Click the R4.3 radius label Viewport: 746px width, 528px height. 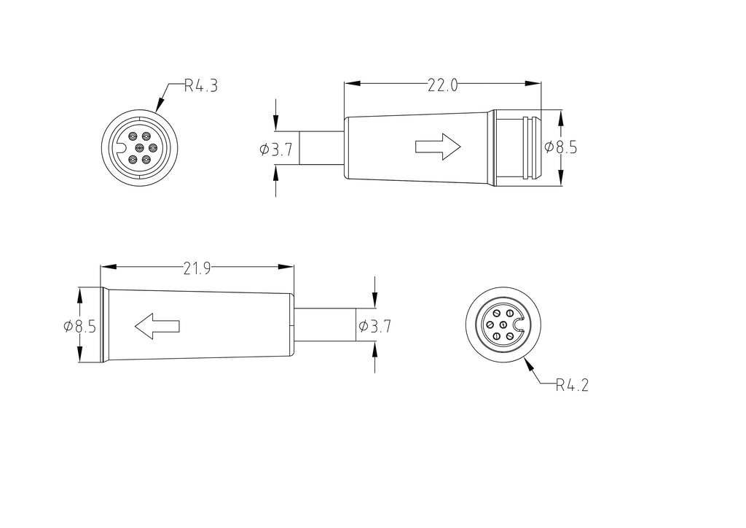[x=200, y=86]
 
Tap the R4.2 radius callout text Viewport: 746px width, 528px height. [x=571, y=385]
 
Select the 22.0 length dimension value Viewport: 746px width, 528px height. [x=442, y=85]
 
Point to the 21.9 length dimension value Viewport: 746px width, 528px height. [x=197, y=268]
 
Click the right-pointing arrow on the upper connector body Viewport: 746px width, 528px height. [x=438, y=147]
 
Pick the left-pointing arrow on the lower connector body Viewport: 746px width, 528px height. [x=157, y=326]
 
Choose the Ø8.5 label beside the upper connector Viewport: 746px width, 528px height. [x=561, y=147]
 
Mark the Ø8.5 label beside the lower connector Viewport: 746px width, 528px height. [x=79, y=327]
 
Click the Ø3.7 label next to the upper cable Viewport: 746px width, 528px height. [x=276, y=150]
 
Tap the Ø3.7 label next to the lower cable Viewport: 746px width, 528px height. [x=374, y=327]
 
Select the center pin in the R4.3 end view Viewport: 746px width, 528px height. [x=138, y=147]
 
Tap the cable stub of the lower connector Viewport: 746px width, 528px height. [x=325, y=325]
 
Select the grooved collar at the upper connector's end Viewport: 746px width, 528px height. [x=516, y=147]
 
